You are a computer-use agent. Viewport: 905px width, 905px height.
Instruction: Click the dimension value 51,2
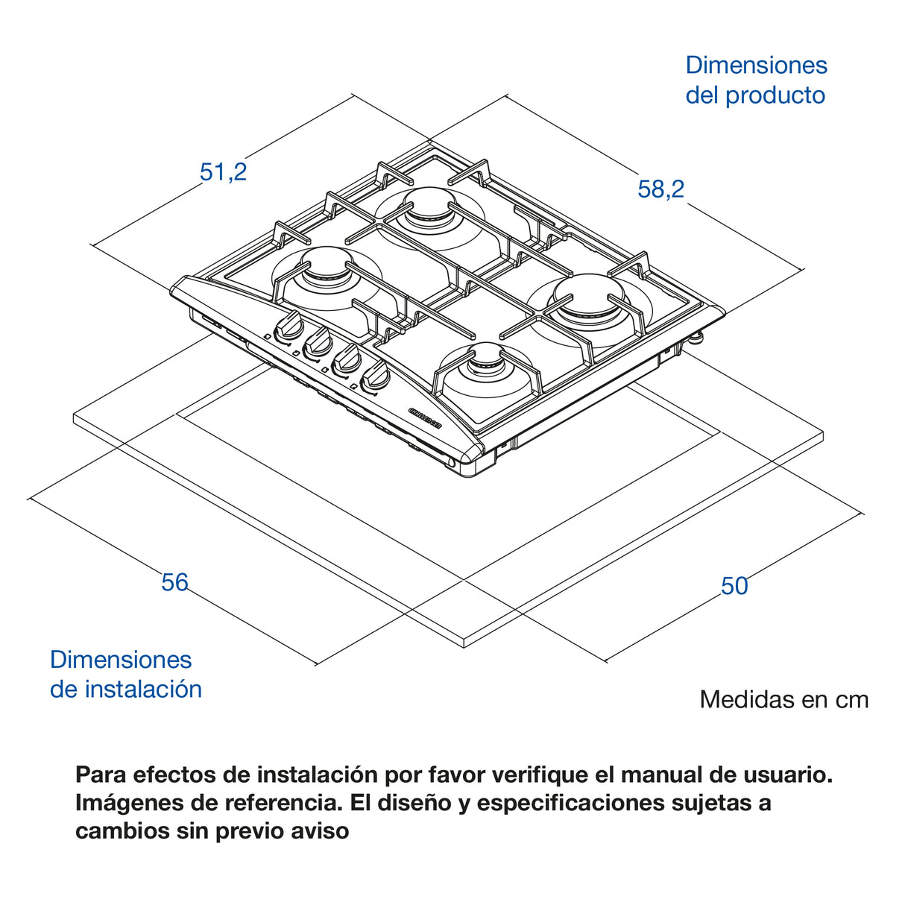[x=223, y=172]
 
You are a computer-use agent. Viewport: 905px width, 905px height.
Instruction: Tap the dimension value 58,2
[x=660, y=189]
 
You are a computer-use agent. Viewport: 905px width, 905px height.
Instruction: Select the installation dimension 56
[x=175, y=582]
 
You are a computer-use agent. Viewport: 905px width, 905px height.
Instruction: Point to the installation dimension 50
[x=734, y=586]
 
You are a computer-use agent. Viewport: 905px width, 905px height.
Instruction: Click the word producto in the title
[x=775, y=95]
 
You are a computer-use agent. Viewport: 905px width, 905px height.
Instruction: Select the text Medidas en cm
[x=784, y=699]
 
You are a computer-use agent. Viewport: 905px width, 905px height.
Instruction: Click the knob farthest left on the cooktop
[x=288, y=328]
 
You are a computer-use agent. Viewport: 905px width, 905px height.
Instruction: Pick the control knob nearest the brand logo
[x=374, y=377]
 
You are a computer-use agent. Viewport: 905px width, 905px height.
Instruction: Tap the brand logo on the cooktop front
[x=426, y=417]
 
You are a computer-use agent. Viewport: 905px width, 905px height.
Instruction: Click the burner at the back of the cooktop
[x=426, y=208]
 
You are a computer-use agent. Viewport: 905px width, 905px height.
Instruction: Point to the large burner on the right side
[x=587, y=297]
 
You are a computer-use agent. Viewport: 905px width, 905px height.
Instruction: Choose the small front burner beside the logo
[x=486, y=365]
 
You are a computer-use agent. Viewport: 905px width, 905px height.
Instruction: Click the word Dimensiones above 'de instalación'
[x=121, y=660]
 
